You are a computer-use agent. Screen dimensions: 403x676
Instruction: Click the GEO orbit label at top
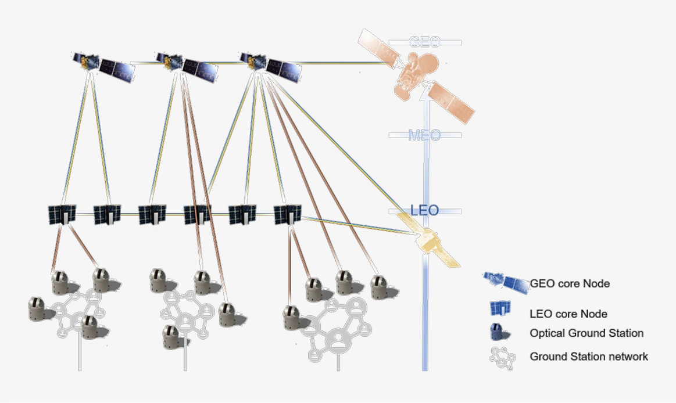tap(424, 42)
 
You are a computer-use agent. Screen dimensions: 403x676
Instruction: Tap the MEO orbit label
tap(424, 135)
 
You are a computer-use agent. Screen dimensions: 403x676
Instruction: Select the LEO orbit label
tap(424, 210)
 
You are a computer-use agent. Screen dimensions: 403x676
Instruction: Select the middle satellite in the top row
tap(187, 66)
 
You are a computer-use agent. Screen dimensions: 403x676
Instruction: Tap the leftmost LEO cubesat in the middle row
tap(62, 214)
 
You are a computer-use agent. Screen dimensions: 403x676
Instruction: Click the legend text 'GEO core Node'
tap(570, 284)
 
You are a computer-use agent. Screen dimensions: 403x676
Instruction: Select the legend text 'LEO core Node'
tap(568, 314)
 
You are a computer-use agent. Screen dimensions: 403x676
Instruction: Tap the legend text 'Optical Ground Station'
tap(586, 333)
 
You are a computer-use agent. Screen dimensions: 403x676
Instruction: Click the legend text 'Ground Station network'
tap(588, 357)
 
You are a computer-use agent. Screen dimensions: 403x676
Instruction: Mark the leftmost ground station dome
tap(38, 308)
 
